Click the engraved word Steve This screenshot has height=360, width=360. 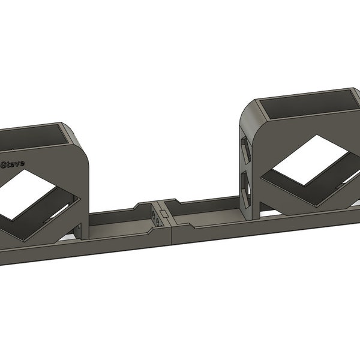(12, 163)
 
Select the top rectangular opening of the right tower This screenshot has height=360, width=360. (306, 106)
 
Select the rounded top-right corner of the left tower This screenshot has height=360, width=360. (82, 144)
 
